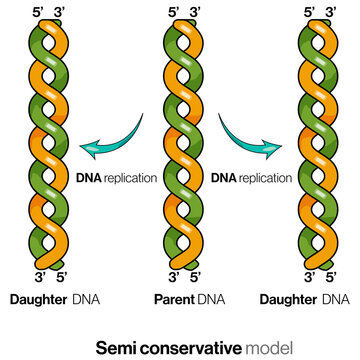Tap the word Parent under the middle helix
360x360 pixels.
(x=174, y=299)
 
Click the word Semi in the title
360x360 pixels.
(x=114, y=347)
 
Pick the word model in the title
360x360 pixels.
(x=269, y=347)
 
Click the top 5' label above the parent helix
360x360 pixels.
(x=173, y=13)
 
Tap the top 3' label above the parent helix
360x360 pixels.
(x=192, y=13)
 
